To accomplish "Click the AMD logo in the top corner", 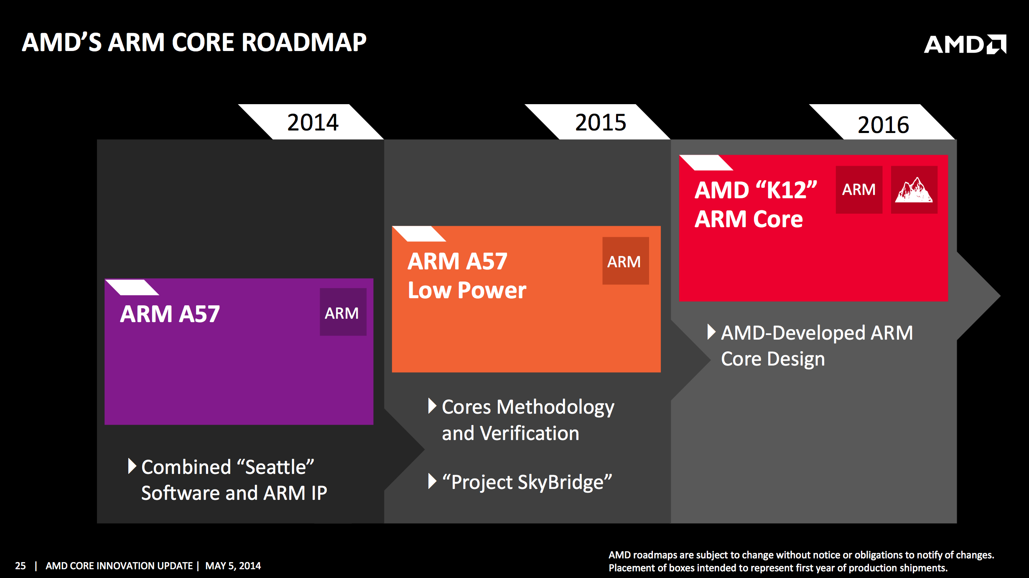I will [965, 44].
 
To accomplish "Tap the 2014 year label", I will [313, 123].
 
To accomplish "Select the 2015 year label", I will [601, 123].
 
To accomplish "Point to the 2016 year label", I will [883, 125].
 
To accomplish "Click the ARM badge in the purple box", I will [343, 312].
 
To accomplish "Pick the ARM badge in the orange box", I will [625, 261].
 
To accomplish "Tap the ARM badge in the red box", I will [859, 189].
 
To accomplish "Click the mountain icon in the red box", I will [914, 190].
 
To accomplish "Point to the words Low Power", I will [467, 290].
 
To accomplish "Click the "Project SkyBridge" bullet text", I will [527, 482].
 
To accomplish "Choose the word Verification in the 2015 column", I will [530, 433].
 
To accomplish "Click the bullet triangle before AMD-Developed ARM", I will [711, 332].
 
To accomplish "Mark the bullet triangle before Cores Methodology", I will [432, 406].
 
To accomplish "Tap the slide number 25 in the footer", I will [20, 566].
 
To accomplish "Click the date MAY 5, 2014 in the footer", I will [233, 566].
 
